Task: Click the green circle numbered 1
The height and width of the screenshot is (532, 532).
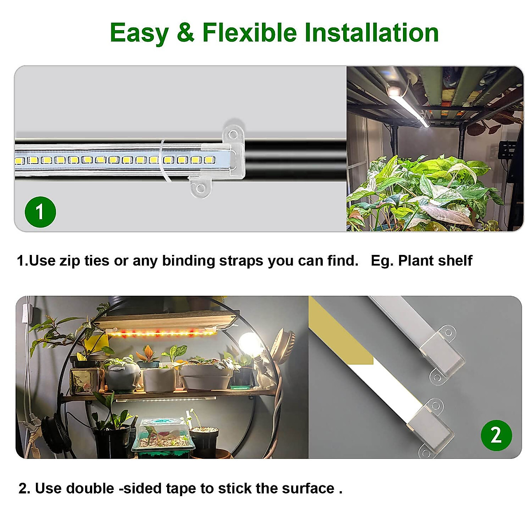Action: [x=40, y=212]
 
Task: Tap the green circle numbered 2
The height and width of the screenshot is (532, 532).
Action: [x=496, y=435]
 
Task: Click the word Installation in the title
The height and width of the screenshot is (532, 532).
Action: [x=372, y=33]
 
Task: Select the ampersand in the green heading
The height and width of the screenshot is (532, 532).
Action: [x=185, y=33]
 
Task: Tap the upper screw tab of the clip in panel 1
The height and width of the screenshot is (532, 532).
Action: [x=234, y=132]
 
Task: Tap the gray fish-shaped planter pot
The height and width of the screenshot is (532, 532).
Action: [x=121, y=375]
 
